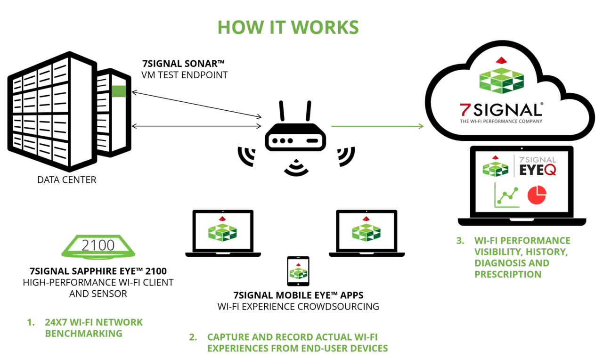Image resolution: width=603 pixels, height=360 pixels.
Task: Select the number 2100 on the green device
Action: pyautogui.click(x=98, y=245)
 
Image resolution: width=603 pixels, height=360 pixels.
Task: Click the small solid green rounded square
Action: pyautogui.click(x=119, y=90)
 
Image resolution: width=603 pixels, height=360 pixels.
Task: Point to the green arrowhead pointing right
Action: pyautogui.click(x=422, y=126)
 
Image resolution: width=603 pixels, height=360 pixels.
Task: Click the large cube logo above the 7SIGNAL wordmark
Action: pyautogui.click(x=502, y=81)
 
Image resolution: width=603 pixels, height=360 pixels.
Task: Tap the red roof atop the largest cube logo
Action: pyautogui.click(x=501, y=60)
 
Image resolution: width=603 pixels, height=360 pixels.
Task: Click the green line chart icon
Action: pyautogui.click(x=506, y=196)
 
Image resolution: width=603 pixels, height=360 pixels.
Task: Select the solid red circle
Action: pyautogui.click(x=537, y=195)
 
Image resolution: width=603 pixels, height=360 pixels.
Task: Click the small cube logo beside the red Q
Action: pyautogui.click(x=496, y=167)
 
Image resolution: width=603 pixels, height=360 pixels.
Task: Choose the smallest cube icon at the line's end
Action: pyautogui.click(x=298, y=271)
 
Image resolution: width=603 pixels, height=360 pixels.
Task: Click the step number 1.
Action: pyautogui.click(x=31, y=323)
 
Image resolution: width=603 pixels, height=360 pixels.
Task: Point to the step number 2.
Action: pyautogui.click(x=193, y=338)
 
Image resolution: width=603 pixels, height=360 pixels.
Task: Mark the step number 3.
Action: pyautogui.click(x=460, y=241)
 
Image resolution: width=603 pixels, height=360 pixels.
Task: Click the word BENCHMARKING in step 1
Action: pyautogui.click(x=84, y=334)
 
